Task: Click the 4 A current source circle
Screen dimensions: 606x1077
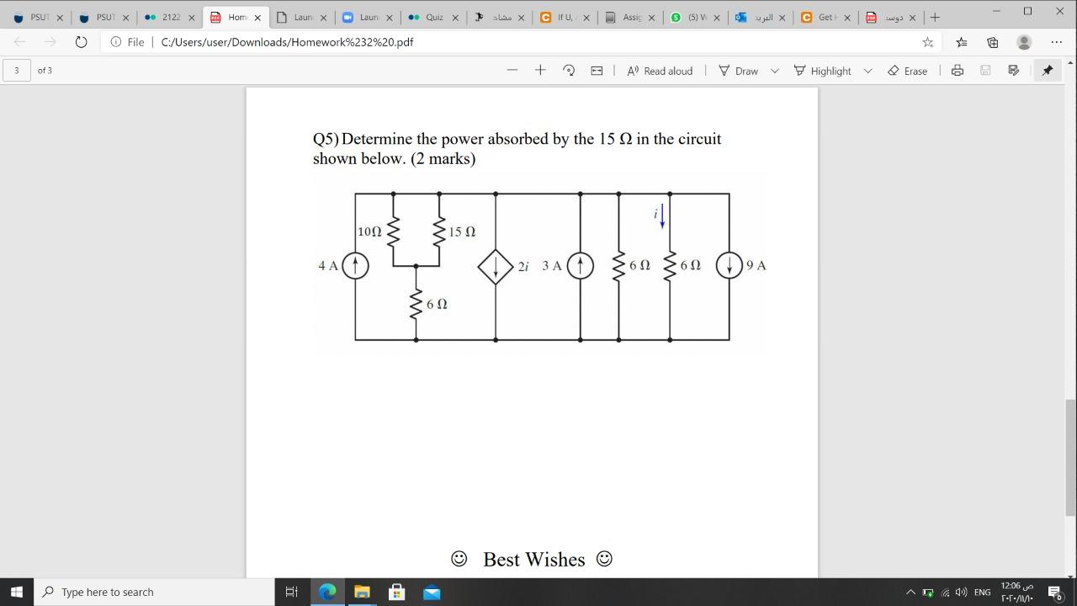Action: [355, 266]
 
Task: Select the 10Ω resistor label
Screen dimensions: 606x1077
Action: [369, 231]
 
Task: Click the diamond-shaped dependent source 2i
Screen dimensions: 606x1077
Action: [496, 266]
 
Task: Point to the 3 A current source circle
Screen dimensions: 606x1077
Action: [580, 266]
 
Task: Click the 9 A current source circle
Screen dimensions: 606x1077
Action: [729, 266]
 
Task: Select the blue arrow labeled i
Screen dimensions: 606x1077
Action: [662, 215]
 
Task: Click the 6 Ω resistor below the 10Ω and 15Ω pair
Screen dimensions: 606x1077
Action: [416, 304]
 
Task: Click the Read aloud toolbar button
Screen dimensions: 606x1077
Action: [660, 71]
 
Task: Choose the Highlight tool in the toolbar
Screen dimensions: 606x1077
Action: [823, 71]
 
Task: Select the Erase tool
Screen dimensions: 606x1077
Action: [907, 71]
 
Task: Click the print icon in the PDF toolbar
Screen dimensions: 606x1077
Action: [957, 71]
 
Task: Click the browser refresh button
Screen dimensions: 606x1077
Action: [81, 42]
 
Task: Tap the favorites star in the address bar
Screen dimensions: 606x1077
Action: [927, 42]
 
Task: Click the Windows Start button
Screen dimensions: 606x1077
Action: [16, 592]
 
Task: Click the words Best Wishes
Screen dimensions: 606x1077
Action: [533, 560]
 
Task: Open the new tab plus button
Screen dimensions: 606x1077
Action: [935, 17]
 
